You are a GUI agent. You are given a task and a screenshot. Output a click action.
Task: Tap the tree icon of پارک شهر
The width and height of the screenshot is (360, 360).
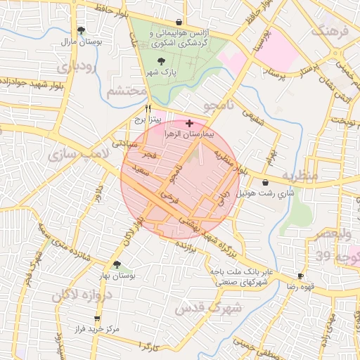pos(162,62)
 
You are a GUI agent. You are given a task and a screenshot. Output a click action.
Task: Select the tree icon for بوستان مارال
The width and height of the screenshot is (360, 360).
pos(82,30)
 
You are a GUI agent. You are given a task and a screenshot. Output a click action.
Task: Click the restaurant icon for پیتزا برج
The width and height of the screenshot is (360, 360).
pos(147,109)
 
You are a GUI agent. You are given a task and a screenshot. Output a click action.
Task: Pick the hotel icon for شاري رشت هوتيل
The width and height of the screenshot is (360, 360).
pos(264,182)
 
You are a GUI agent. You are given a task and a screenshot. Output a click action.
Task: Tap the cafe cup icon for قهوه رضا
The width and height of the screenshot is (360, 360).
pos(300,276)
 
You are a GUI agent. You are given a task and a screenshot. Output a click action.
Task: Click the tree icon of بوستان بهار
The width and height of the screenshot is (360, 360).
pos(117,265)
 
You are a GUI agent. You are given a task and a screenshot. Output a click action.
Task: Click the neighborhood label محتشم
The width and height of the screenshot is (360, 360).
pos(127,92)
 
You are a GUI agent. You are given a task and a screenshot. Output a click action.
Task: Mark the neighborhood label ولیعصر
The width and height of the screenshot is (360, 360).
pos(340,233)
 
